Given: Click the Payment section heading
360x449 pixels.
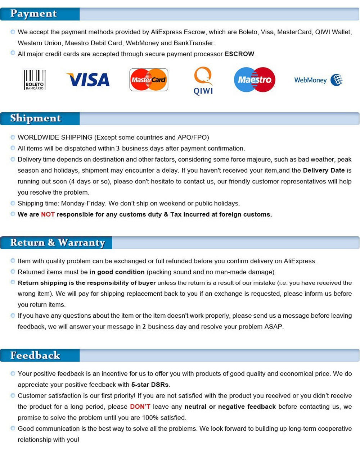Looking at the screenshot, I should point(33,14).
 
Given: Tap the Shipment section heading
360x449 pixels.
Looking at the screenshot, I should point(35,118).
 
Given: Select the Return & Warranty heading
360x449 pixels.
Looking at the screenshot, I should point(57,242).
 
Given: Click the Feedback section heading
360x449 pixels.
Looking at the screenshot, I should point(35,355).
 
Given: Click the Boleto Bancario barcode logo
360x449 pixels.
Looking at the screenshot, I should point(35,80).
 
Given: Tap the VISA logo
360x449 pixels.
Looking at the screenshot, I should point(88,80).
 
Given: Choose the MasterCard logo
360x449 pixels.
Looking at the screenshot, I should point(149,80).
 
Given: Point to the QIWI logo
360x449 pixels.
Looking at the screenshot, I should point(203,81).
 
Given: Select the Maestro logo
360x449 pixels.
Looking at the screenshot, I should point(255,80).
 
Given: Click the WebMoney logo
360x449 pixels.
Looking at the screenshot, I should point(318,80).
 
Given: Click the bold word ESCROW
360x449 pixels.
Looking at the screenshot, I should point(239,54).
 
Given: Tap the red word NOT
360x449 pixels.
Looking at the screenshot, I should point(48,214).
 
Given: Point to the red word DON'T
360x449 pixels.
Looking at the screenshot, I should point(140,407).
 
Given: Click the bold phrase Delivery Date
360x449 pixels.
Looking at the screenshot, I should point(324,171).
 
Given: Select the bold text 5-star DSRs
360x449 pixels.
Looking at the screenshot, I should point(150,385).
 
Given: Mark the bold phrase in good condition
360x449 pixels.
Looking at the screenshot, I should point(117,272).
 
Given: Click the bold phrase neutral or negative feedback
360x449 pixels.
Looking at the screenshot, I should point(230,407).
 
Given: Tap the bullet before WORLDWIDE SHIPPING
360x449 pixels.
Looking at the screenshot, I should point(13,137).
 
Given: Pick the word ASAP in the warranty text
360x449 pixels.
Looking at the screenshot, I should point(274,327).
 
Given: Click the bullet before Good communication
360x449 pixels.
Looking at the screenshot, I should point(13,428).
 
